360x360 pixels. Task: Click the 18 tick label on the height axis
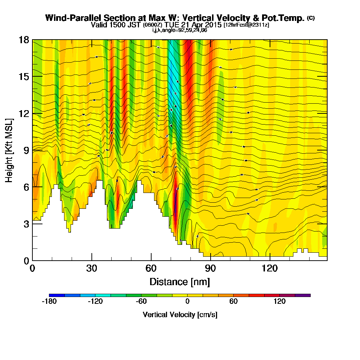(24, 40)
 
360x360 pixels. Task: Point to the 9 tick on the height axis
(33, 150)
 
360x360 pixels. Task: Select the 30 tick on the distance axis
(92, 260)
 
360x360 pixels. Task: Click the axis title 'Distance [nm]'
(180, 281)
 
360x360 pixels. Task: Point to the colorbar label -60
(141, 302)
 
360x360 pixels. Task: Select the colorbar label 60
(233, 302)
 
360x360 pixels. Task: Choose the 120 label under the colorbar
(279, 302)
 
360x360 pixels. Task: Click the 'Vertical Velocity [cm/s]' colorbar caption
(180, 315)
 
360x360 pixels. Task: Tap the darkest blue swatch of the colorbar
(57, 295)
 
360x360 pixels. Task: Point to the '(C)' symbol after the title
(311, 18)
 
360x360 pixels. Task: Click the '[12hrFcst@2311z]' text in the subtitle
(246, 25)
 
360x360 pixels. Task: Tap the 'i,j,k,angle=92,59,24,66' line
(180, 30)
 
